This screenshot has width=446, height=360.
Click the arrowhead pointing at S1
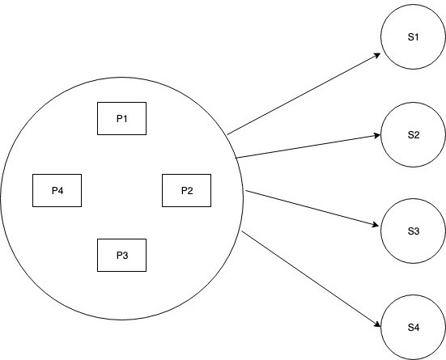tap(377, 56)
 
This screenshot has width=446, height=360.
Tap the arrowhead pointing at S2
tap(377, 135)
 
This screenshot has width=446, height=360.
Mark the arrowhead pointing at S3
tap(376, 225)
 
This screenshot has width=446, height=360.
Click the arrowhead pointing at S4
tap(377, 324)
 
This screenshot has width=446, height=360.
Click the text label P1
tap(122, 119)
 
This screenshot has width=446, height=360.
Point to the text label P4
tap(57, 191)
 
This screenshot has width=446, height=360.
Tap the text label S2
tap(414, 135)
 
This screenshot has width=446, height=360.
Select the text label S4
tap(414, 328)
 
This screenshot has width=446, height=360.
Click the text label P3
tap(122, 256)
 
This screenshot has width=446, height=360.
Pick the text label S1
tap(413, 37)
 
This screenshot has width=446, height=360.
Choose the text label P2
tap(187, 191)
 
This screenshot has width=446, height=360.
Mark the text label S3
tap(414, 231)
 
